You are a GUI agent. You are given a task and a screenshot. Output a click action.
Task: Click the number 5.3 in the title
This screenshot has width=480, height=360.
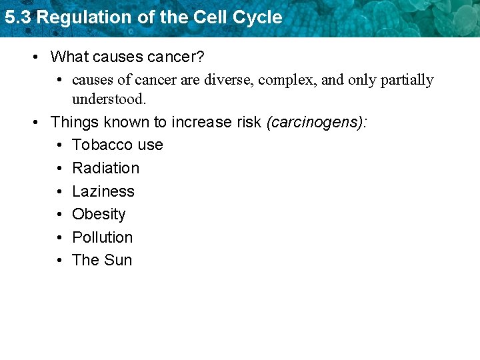(18, 17)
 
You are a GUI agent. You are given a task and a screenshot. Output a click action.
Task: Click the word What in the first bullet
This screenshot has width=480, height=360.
(69, 57)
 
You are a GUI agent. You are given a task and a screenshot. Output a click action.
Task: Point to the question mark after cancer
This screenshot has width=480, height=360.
(201, 57)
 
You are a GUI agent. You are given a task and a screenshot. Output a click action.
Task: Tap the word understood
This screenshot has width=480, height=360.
(109, 99)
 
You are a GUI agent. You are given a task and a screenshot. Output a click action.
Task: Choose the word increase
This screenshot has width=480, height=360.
(200, 123)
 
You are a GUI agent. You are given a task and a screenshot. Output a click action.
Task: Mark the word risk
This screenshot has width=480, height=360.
(247, 123)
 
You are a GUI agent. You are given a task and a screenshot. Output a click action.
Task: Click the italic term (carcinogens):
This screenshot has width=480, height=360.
(317, 123)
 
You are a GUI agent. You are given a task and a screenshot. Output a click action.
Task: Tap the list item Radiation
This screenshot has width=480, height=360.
(105, 168)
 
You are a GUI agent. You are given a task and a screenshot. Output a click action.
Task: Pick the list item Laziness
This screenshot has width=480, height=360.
(103, 191)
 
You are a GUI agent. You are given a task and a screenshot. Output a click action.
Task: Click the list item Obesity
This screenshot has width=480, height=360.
(99, 214)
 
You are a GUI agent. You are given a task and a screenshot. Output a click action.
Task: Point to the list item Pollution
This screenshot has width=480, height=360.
(102, 237)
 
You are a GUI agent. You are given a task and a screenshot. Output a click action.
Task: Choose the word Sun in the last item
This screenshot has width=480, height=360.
(118, 260)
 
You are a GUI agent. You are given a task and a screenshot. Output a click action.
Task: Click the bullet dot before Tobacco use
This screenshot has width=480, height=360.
(59, 145)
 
